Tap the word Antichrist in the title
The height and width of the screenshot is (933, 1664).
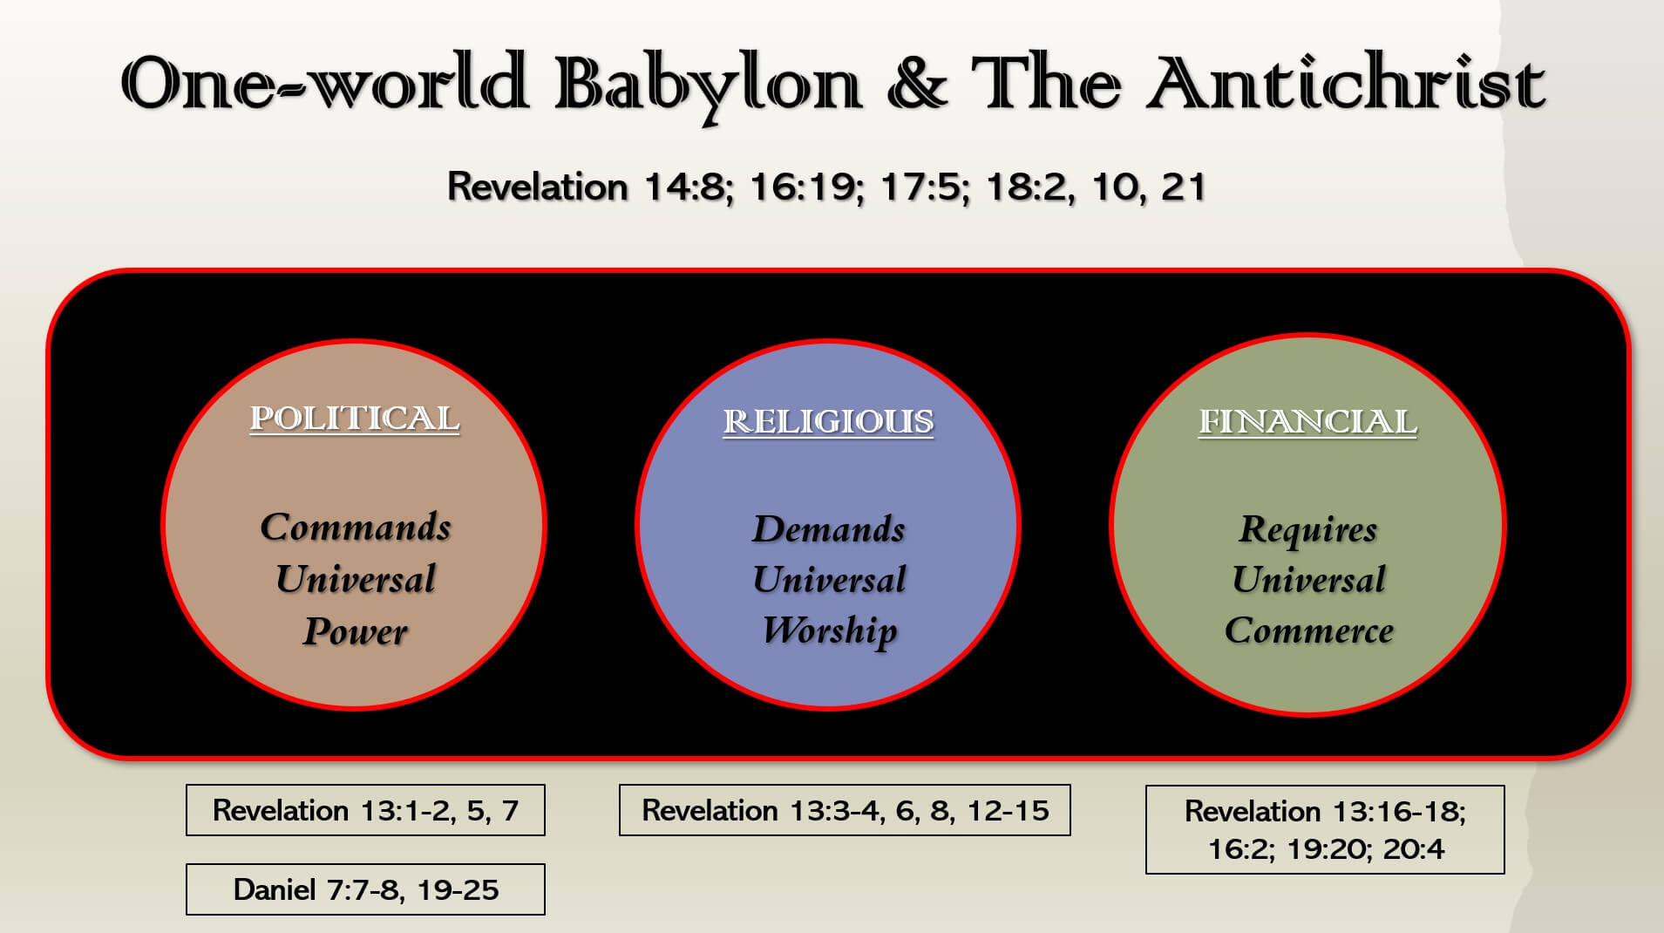tap(1346, 83)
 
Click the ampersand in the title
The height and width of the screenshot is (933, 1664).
tap(916, 84)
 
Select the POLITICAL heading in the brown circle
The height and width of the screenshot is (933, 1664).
tap(355, 419)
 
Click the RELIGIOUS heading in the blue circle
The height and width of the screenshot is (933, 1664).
tap(828, 422)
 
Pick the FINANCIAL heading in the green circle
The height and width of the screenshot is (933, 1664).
tap(1307, 422)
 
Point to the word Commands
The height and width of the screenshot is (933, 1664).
tap(356, 528)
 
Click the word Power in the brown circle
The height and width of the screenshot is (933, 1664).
tap(355, 631)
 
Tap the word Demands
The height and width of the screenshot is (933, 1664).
tap(829, 529)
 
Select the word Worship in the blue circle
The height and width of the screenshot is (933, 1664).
tap(830, 631)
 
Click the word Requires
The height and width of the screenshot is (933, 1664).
tap(1308, 530)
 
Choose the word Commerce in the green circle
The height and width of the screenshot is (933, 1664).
tap(1309, 630)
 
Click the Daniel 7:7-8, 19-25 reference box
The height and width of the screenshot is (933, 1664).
tap(365, 889)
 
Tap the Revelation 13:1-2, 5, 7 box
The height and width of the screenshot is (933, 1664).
tap(365, 810)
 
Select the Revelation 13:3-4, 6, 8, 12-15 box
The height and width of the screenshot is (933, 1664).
tap(845, 810)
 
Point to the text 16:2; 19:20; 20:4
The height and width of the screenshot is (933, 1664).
tap(1326, 848)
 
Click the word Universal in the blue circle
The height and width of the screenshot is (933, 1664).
tap(829, 580)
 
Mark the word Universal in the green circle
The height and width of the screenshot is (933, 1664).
tap(1308, 580)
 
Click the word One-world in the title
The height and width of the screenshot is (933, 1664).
tap(324, 83)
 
